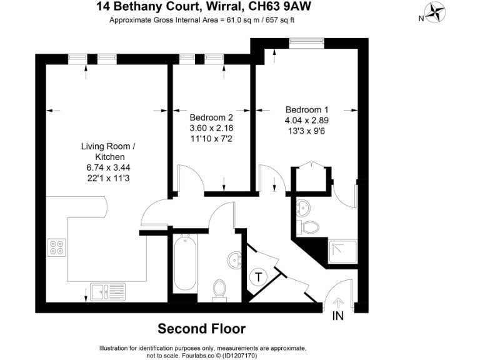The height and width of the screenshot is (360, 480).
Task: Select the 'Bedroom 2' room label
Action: pyautogui.click(x=211, y=117)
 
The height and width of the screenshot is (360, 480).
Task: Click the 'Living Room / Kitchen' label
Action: pyautogui.click(x=107, y=151)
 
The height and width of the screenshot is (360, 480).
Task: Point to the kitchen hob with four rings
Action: pyautogui.click(x=57, y=248)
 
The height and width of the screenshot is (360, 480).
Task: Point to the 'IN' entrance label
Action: pyautogui.click(x=337, y=316)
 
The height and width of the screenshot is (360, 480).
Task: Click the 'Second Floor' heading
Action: pyautogui.click(x=201, y=329)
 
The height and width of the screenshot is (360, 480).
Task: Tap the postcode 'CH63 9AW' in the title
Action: pyautogui.click(x=281, y=7)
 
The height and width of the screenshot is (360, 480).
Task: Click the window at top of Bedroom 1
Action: pyautogui.click(x=306, y=42)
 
